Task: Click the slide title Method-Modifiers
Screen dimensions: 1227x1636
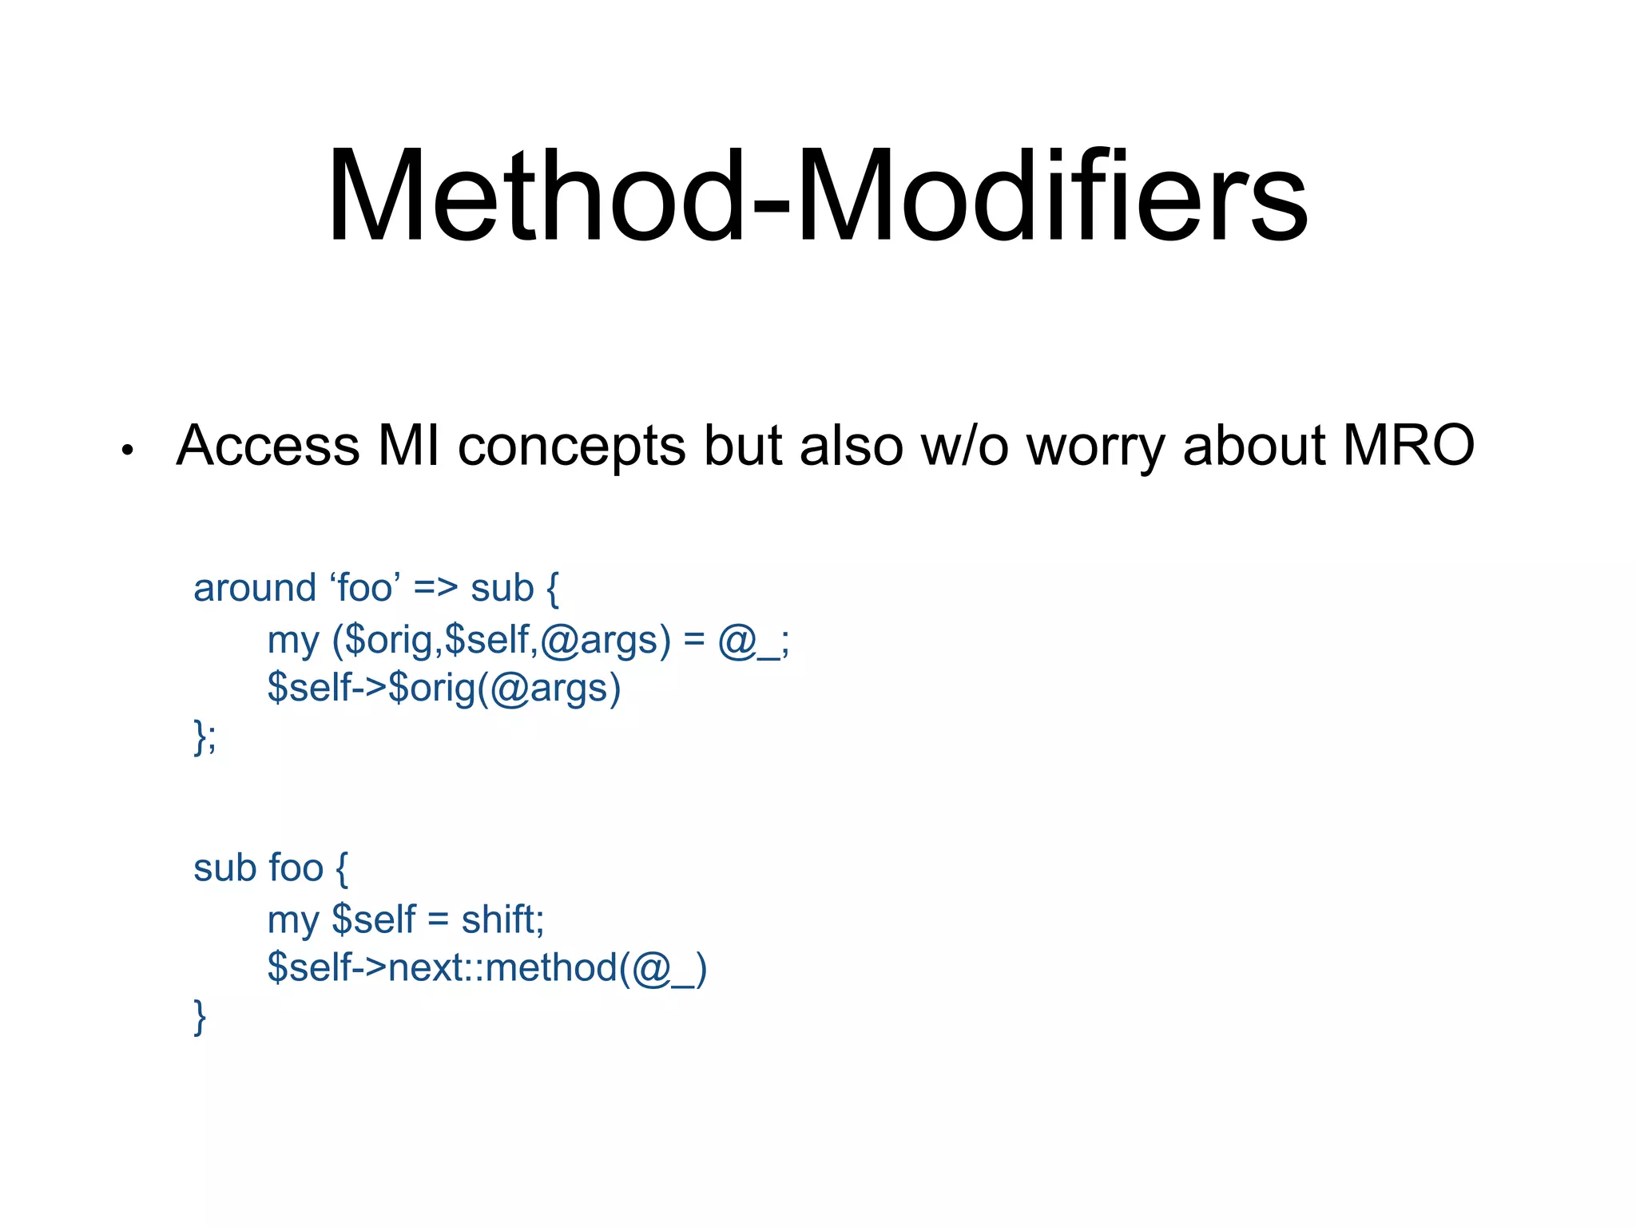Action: (817, 196)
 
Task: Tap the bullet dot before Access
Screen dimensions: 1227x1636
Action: (126, 451)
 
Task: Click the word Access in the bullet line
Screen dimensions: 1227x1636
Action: (268, 446)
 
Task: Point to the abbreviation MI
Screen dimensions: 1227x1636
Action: (408, 446)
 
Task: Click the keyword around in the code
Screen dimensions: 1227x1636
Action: (255, 589)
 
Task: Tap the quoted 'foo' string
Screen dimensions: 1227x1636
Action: (365, 589)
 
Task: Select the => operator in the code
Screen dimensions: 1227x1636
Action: (436, 590)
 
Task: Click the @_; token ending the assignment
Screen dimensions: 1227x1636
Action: (753, 641)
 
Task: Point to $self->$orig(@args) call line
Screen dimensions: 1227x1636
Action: (444, 689)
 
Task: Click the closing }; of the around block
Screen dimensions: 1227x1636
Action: (204, 737)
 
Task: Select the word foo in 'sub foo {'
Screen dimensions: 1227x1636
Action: (296, 868)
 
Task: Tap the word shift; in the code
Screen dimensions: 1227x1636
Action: (502, 919)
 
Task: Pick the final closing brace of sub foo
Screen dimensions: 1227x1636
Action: (200, 1017)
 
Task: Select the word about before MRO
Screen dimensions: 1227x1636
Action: (1253, 446)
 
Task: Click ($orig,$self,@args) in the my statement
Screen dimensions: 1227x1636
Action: (501, 641)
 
